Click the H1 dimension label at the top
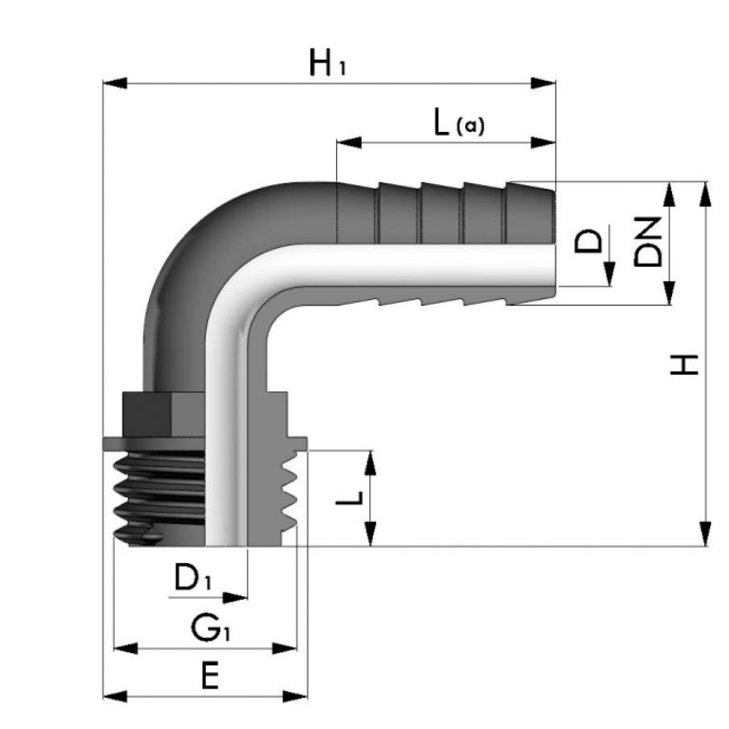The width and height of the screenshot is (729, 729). (328, 64)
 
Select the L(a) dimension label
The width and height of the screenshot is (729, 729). (458, 122)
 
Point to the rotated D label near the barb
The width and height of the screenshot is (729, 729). (590, 240)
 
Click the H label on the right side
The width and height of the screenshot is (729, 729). (683, 364)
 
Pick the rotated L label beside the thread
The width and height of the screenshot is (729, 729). (347, 497)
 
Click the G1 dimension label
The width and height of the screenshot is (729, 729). (211, 626)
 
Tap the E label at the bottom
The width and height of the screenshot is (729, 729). (210, 676)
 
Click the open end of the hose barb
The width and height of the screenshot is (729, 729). (552, 244)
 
